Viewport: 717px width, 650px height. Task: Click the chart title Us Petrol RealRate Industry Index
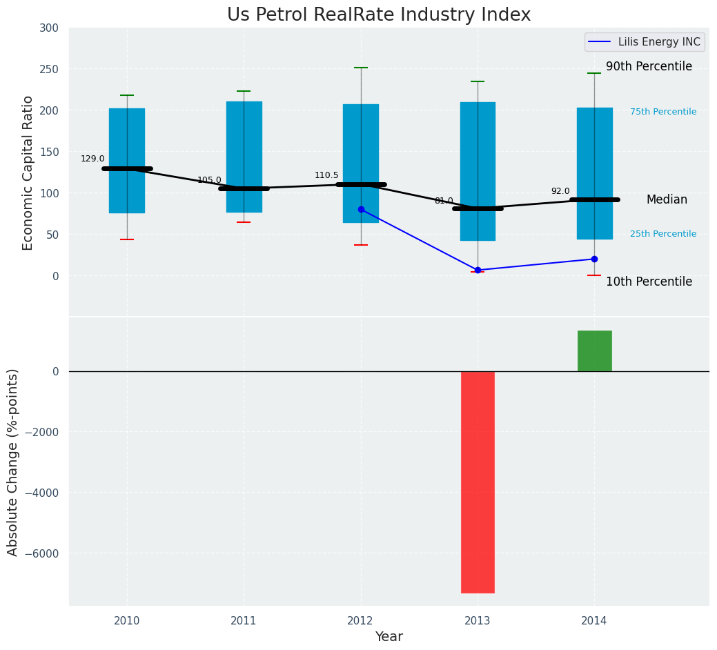pyautogui.click(x=379, y=15)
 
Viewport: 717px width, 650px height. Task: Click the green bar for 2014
pyautogui.click(x=594, y=351)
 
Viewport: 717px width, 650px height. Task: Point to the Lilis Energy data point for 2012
pyautogui.click(x=361, y=209)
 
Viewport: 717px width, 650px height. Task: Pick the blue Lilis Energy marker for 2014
pyautogui.click(x=594, y=259)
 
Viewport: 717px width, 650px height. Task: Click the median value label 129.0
pyautogui.click(x=92, y=159)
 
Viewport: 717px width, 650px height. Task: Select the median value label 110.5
pyautogui.click(x=326, y=175)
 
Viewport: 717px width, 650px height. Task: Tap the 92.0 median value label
pyautogui.click(x=560, y=191)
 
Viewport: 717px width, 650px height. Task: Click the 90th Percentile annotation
pyautogui.click(x=649, y=67)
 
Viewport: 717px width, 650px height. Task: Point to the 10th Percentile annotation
pyautogui.click(x=649, y=282)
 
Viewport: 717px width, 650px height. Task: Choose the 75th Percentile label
pyautogui.click(x=663, y=112)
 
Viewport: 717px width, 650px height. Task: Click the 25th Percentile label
pyautogui.click(x=663, y=234)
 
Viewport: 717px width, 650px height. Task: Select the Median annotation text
pyautogui.click(x=667, y=199)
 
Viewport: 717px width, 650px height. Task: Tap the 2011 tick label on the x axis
pyautogui.click(x=244, y=621)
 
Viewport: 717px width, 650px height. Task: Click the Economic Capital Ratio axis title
pyautogui.click(x=28, y=173)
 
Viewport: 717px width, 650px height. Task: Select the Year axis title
pyautogui.click(x=389, y=637)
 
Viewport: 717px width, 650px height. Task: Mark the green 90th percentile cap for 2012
pyautogui.click(x=361, y=68)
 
